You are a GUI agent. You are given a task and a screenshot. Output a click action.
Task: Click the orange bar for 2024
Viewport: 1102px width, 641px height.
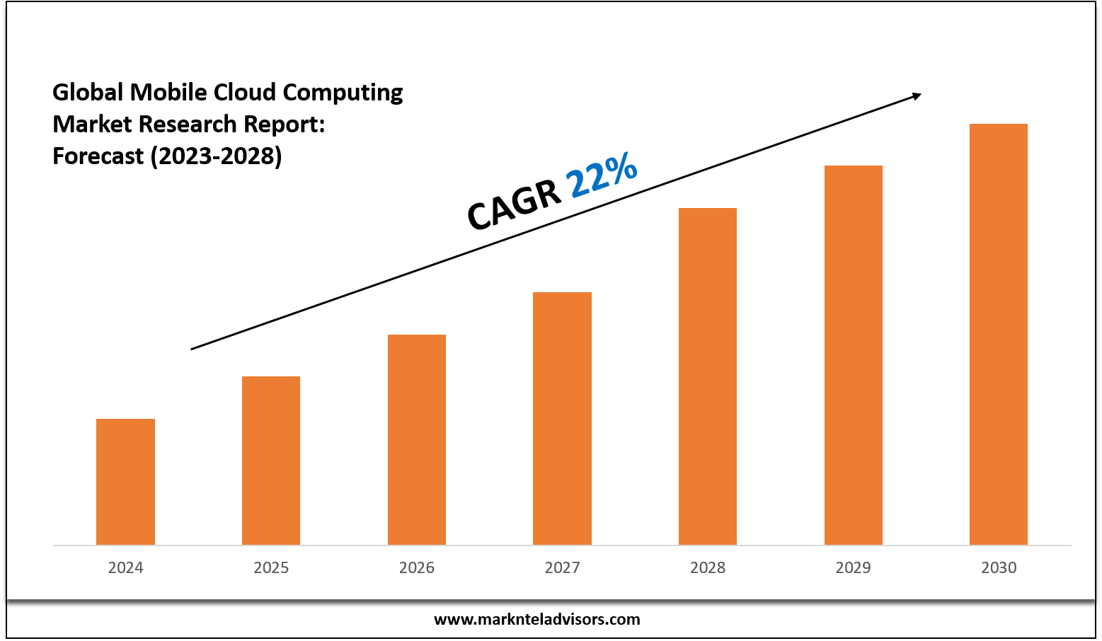(125, 482)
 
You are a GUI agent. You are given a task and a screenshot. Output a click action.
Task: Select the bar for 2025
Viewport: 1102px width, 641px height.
(271, 461)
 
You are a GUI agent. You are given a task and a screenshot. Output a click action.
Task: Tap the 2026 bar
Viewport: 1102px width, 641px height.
(417, 439)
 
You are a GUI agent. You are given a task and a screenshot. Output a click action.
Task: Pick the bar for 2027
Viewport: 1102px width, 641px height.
(562, 418)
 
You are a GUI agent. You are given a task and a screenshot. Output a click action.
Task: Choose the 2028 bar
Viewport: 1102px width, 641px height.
(708, 376)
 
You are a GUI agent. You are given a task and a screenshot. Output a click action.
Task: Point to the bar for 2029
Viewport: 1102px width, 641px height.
(854, 355)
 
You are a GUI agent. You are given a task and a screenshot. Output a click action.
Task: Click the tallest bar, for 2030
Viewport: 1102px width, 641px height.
(999, 334)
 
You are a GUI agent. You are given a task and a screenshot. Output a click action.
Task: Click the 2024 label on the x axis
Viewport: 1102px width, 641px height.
(125, 567)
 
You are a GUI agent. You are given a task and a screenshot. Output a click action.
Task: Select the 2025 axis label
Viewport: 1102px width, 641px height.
(271, 567)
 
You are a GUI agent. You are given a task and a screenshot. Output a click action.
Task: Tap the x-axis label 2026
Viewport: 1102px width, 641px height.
(417, 567)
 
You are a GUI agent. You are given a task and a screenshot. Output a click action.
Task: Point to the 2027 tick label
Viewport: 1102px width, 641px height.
(562, 567)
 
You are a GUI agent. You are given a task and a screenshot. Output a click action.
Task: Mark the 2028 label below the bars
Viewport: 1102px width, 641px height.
(708, 567)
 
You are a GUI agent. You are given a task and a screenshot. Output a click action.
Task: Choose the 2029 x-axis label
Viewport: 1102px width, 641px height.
(854, 567)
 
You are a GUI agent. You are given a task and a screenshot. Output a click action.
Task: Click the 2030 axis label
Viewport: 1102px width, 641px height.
(999, 567)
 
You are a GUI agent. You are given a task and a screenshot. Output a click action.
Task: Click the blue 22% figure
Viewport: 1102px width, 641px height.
(602, 175)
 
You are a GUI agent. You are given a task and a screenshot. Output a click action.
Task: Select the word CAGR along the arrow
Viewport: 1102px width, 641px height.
(515, 205)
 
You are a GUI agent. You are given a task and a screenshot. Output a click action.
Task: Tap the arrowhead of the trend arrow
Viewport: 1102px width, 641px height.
(917, 96)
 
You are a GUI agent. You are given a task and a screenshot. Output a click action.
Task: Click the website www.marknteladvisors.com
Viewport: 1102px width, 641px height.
(536, 619)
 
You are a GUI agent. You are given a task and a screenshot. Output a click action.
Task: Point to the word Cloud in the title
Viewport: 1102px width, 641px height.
(245, 92)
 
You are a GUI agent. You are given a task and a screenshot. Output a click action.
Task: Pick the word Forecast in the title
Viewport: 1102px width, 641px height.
(98, 156)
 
